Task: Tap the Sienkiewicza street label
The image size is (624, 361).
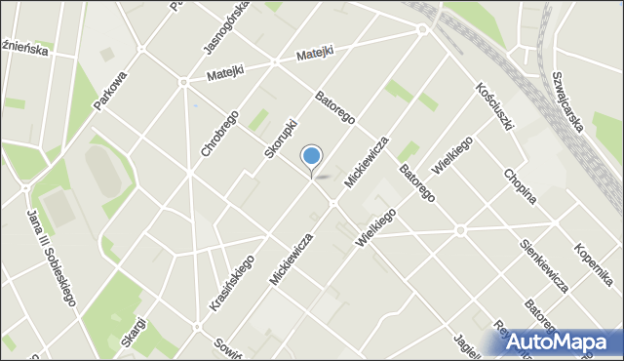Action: tap(545, 265)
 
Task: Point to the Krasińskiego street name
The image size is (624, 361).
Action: tap(231, 283)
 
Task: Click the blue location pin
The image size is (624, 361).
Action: tap(312, 156)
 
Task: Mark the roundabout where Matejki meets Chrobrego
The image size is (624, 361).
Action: tap(183, 82)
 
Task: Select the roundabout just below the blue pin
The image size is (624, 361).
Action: tap(332, 203)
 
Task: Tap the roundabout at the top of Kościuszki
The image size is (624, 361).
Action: tap(422, 30)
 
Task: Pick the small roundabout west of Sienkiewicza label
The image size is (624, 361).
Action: tap(460, 230)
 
